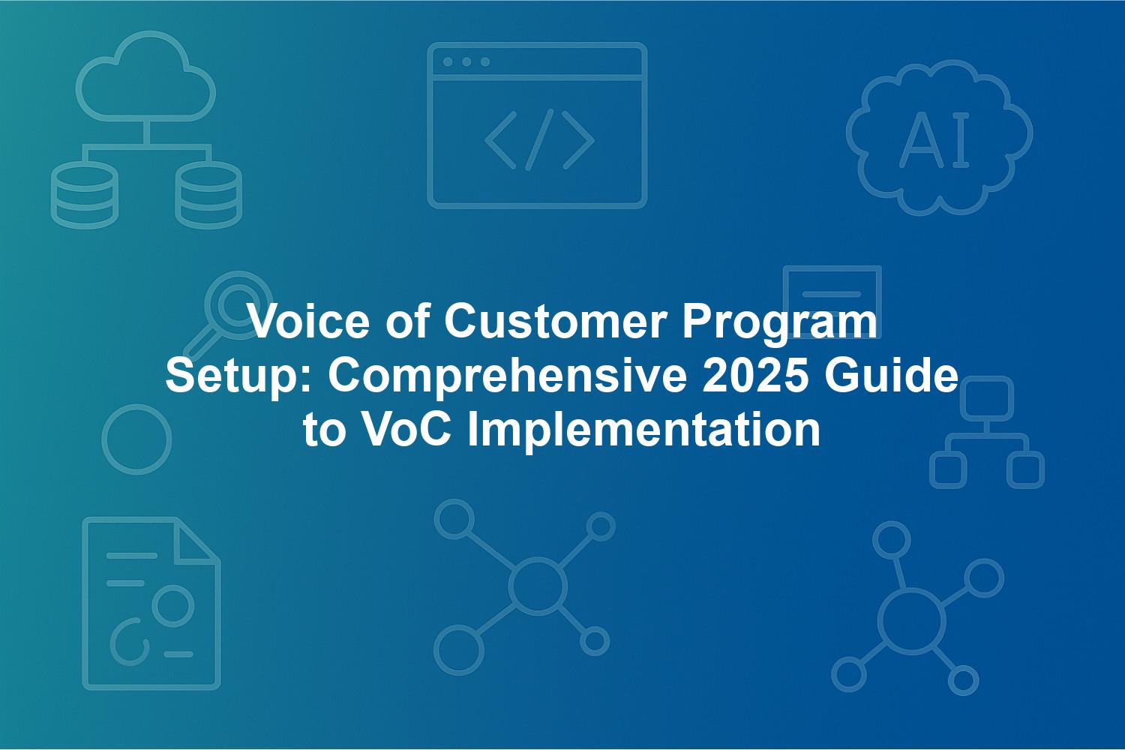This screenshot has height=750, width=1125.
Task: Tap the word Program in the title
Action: click(x=779, y=325)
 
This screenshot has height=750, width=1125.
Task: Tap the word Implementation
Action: click(x=643, y=431)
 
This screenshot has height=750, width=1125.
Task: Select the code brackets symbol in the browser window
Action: click(x=539, y=139)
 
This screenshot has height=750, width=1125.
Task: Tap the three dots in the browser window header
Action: click(x=466, y=61)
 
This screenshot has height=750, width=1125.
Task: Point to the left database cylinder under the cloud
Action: click(x=85, y=195)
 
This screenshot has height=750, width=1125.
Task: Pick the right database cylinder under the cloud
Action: click(x=208, y=195)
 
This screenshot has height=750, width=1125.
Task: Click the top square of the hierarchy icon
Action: click(x=987, y=398)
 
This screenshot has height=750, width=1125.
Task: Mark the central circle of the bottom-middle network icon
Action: click(x=538, y=586)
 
